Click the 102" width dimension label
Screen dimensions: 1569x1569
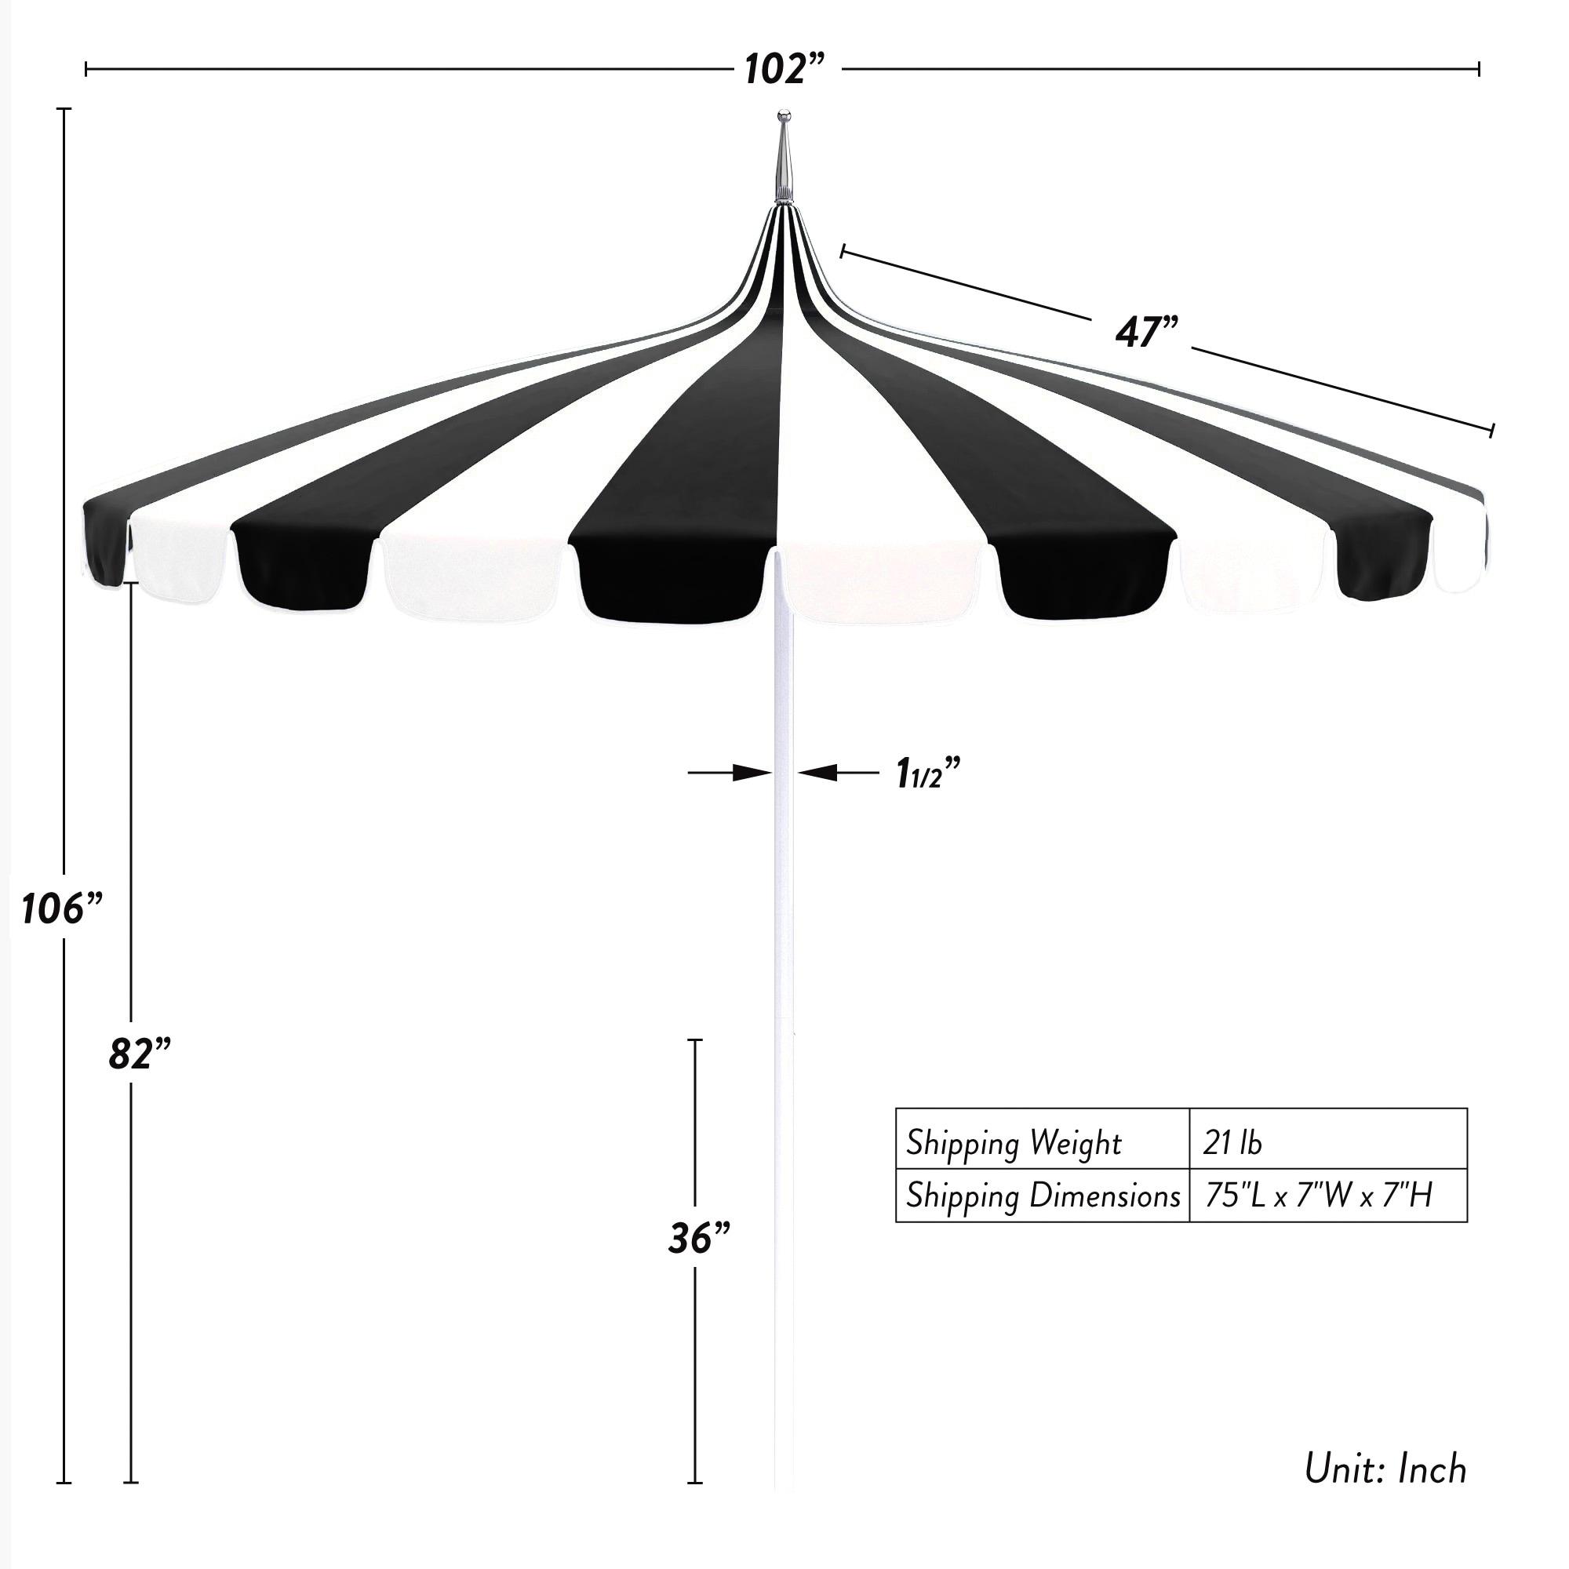784,70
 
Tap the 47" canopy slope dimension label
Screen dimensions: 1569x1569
1146,332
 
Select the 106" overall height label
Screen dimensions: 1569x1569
63,907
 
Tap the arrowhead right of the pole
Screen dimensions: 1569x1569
817,772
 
